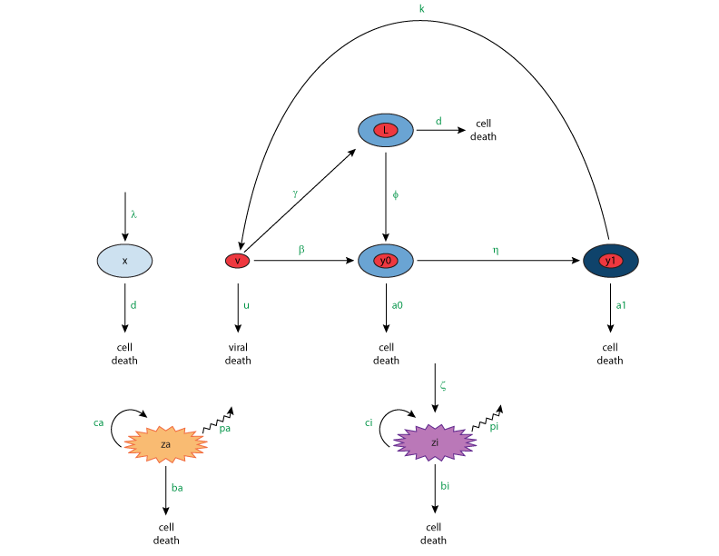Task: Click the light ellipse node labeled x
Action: click(x=124, y=261)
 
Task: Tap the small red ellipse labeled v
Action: click(x=237, y=261)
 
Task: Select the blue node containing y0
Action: click(x=386, y=261)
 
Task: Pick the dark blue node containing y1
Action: click(x=611, y=261)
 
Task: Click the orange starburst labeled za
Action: click(x=165, y=444)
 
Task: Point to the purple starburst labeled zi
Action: click(x=435, y=442)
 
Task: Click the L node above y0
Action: click(x=386, y=130)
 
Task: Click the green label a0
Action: click(x=398, y=305)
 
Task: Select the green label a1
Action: click(x=621, y=305)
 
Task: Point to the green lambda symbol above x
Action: click(x=133, y=214)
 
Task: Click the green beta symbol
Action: click(x=301, y=250)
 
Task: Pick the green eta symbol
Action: click(x=495, y=250)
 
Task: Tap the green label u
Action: click(x=246, y=305)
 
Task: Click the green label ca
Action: click(x=98, y=423)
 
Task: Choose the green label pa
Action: click(x=225, y=429)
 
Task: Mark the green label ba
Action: click(x=177, y=488)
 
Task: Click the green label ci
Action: click(x=369, y=423)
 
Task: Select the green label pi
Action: click(x=494, y=427)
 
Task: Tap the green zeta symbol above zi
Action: click(x=443, y=385)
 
